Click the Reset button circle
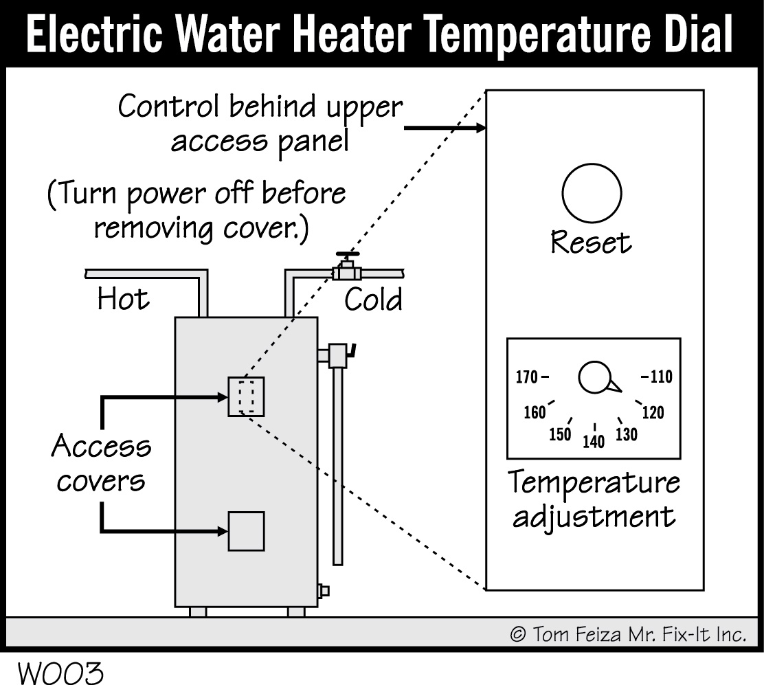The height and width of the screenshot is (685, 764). tap(592, 193)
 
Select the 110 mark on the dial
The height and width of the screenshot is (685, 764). tap(660, 377)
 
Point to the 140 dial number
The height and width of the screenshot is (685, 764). tap(594, 441)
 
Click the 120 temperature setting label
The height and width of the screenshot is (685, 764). tap(653, 412)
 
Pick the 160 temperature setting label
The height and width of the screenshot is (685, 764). tap(534, 412)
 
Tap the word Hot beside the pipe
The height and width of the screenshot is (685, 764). tap(123, 300)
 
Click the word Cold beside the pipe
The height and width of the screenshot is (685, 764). tap(373, 300)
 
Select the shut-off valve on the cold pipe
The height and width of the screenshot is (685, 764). tap(348, 267)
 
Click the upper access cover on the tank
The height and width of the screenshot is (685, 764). tap(246, 396)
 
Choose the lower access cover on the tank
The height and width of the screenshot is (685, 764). tap(246, 530)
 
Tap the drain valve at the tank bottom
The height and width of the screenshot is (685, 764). tap(324, 590)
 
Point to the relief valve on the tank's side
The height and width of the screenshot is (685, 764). tap(339, 355)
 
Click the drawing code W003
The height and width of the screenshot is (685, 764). tap(60, 673)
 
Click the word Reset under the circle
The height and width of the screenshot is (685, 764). tap(591, 243)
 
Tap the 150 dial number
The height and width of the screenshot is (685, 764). tap(561, 434)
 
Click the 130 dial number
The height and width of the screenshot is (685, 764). tap(627, 434)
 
